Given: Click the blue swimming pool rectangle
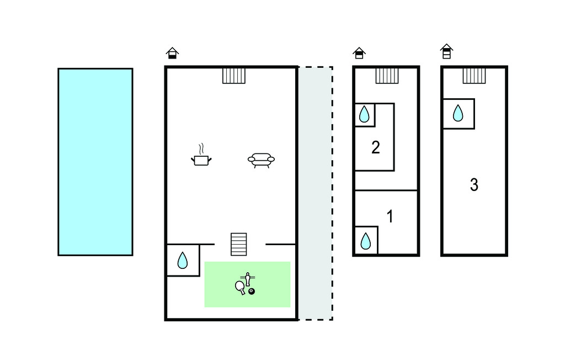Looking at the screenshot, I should tap(95, 162).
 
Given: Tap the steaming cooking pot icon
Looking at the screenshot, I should tap(202, 158).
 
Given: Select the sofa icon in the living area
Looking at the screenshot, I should tap(261, 160).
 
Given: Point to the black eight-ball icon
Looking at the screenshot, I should tap(252, 291).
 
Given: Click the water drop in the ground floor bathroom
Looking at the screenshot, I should tap(183, 260).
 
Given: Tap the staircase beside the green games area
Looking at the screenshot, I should tap(239, 244).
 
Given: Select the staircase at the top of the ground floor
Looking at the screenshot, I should tap(234, 76).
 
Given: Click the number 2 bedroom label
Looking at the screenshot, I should tap(376, 148).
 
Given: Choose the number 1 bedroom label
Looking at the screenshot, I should tap(390, 217).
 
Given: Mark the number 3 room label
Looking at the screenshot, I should tap(474, 185).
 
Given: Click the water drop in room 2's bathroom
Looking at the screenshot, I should tap(364, 115).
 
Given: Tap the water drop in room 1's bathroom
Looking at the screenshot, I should tap(365, 241).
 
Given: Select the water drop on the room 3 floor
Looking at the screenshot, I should tap(458, 114).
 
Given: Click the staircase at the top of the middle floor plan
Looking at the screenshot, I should tap(387, 76).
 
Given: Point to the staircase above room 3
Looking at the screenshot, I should tap(474, 76).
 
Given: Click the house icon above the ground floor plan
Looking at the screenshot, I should tap(173, 54).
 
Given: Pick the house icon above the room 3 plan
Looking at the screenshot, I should tap(447, 51).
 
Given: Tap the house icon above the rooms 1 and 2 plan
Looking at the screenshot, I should tap(359, 53).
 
